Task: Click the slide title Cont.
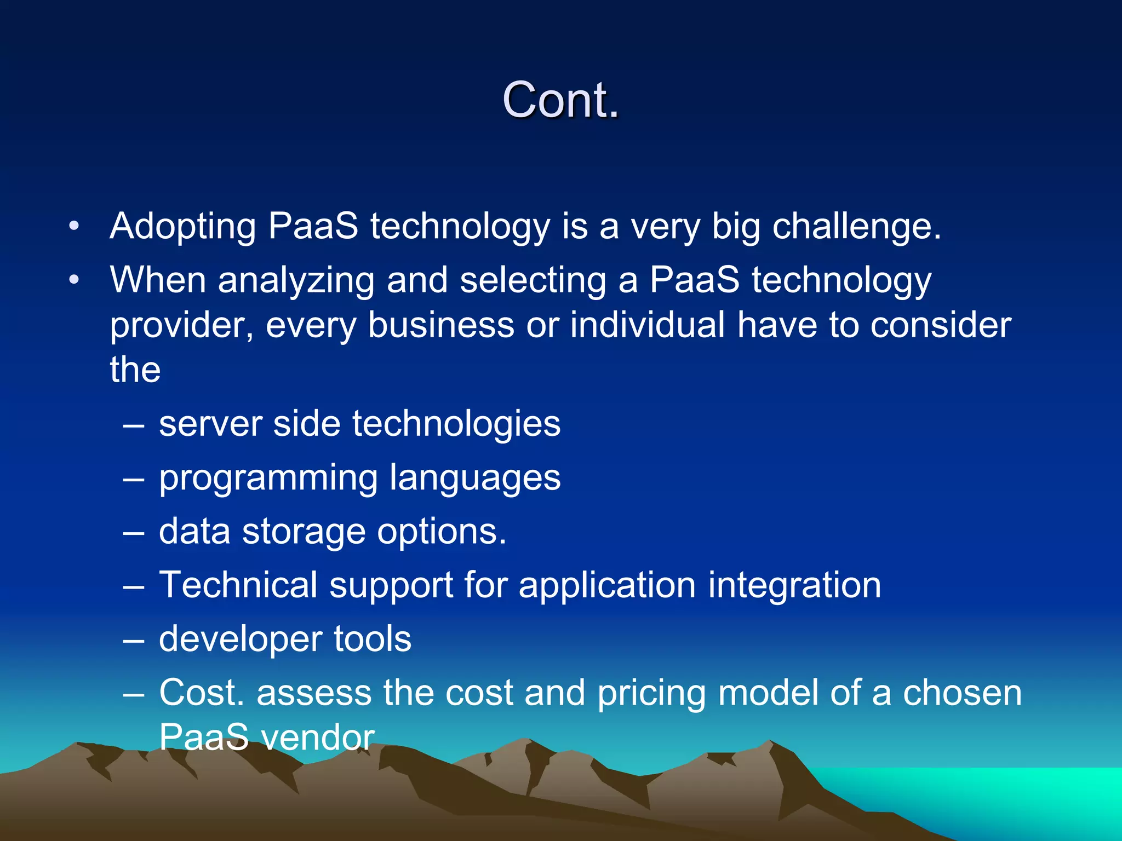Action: pyautogui.click(x=560, y=100)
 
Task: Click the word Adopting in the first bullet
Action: pyautogui.click(x=183, y=227)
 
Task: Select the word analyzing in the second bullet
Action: pyautogui.click(x=296, y=280)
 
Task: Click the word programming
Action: pyautogui.click(x=268, y=479)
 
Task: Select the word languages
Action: pyautogui.click(x=475, y=479)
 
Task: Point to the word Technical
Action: pyautogui.click(x=238, y=585)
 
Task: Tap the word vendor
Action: pyautogui.click(x=318, y=737)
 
